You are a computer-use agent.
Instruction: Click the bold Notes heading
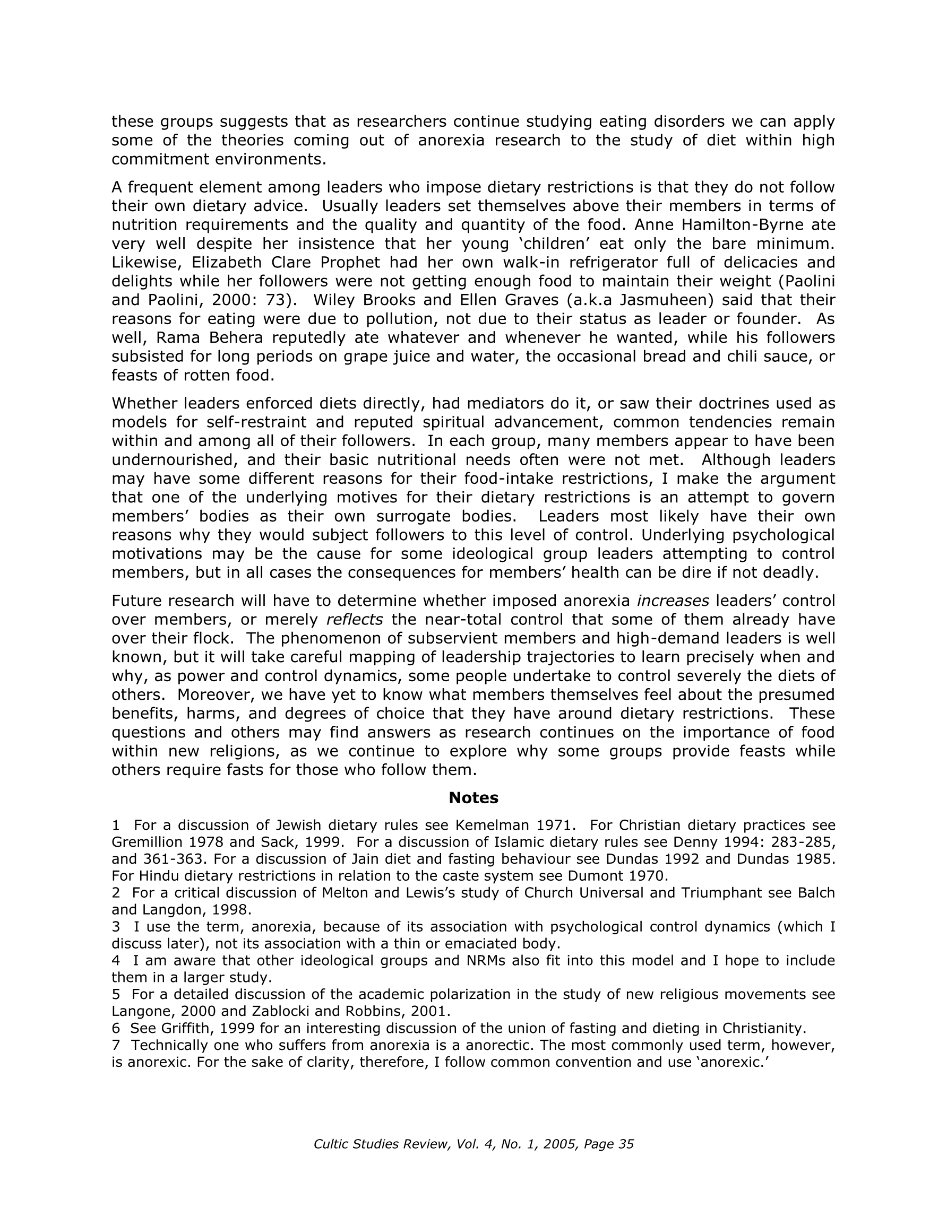point(473,797)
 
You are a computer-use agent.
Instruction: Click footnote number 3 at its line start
point(116,927)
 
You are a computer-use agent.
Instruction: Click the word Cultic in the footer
point(331,1144)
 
